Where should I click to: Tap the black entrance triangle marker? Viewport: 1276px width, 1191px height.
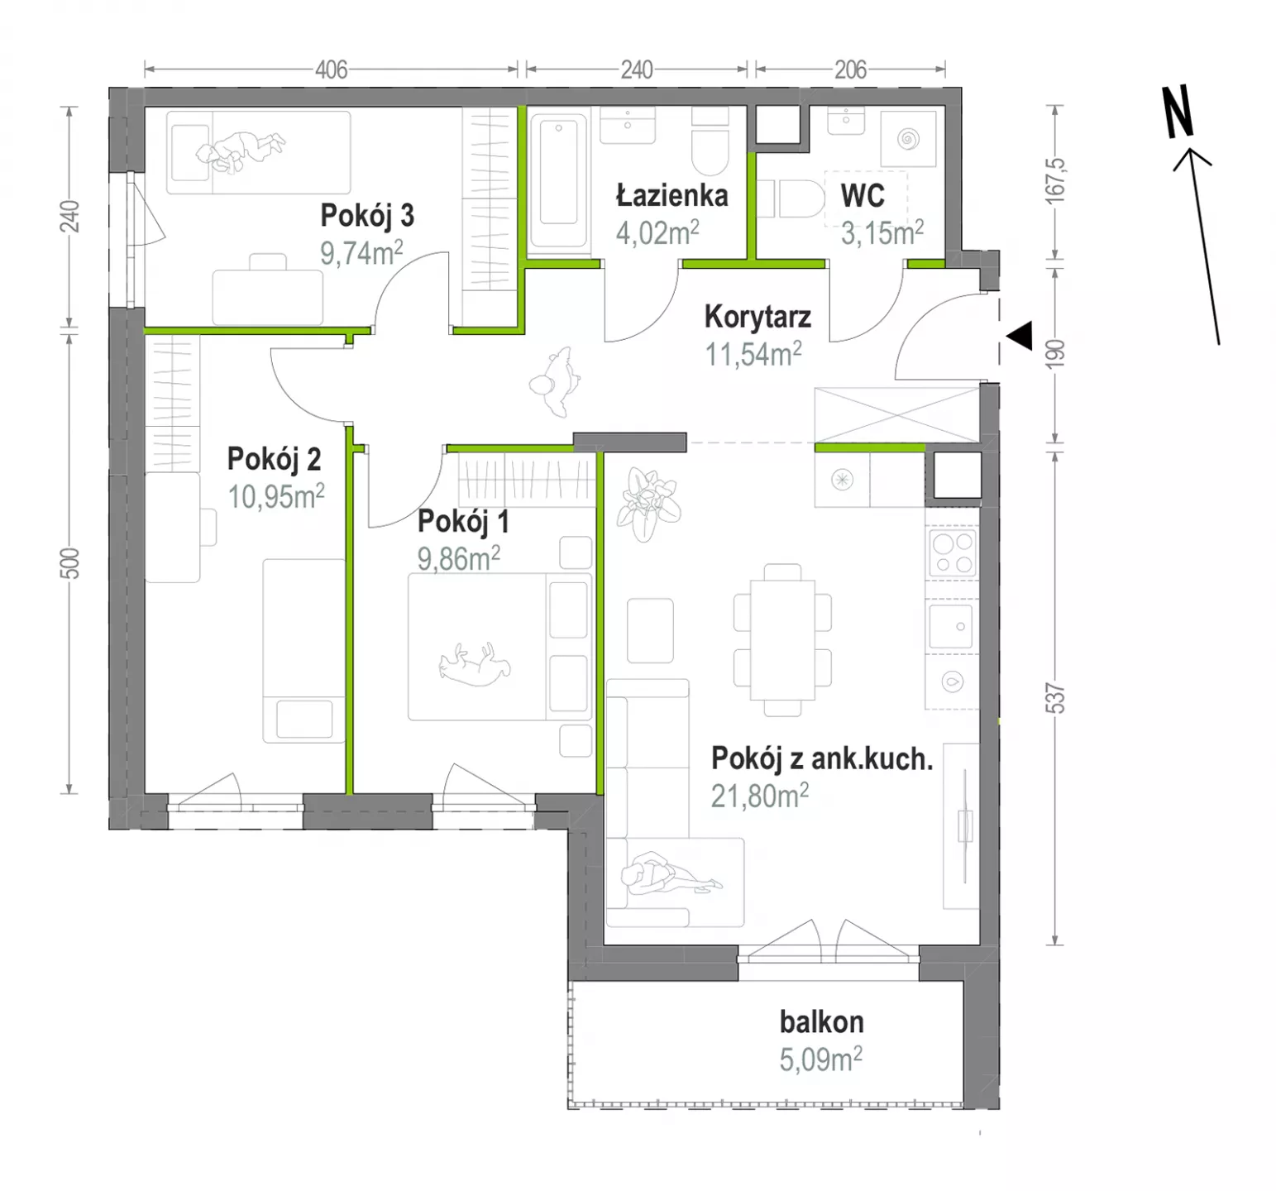pos(1020,335)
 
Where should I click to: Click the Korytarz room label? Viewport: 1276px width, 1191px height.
pos(757,316)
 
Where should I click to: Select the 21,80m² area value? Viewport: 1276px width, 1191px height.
pos(760,796)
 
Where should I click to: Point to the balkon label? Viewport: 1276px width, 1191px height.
pos(821,1021)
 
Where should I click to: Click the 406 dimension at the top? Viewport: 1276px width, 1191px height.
pos(332,69)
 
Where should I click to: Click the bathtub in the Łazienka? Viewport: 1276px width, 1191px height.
pos(558,181)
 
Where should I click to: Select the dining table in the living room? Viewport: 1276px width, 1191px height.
pos(782,639)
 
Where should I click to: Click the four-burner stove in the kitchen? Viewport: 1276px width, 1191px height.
pos(953,552)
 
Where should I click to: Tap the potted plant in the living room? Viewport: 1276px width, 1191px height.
pos(649,505)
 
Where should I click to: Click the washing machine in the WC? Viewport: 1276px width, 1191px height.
pos(908,138)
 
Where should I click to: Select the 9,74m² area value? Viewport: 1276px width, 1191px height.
pos(361,252)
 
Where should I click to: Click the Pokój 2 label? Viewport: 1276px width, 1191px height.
pos(274,459)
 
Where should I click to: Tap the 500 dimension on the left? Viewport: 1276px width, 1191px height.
pos(71,563)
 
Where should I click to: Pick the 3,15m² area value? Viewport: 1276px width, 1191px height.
pos(882,233)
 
